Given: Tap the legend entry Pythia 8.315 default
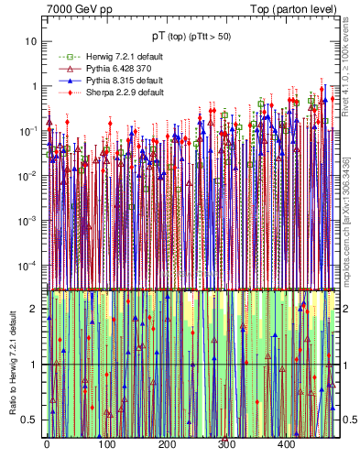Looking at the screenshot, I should (x=101, y=82).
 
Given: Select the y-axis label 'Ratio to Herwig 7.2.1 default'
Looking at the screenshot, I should (x=14, y=362).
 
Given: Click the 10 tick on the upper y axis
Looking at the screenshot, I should (x=33, y=42).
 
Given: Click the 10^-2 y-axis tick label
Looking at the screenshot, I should (x=30, y=176).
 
